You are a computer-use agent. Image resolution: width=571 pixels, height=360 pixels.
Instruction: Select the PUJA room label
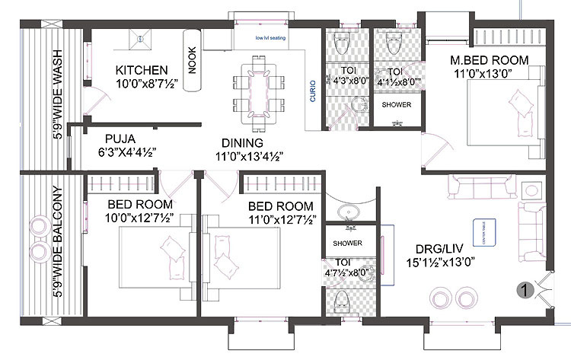pyautogui.click(x=120, y=139)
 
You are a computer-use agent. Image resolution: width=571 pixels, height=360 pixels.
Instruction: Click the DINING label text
pyautogui.click(x=242, y=142)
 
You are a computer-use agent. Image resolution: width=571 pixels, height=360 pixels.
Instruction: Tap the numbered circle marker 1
pyautogui.click(x=524, y=288)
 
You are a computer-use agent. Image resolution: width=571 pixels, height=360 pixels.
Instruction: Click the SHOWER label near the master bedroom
pyautogui.click(x=396, y=104)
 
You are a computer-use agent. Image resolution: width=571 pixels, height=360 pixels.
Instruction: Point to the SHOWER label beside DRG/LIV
pyautogui.click(x=346, y=244)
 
